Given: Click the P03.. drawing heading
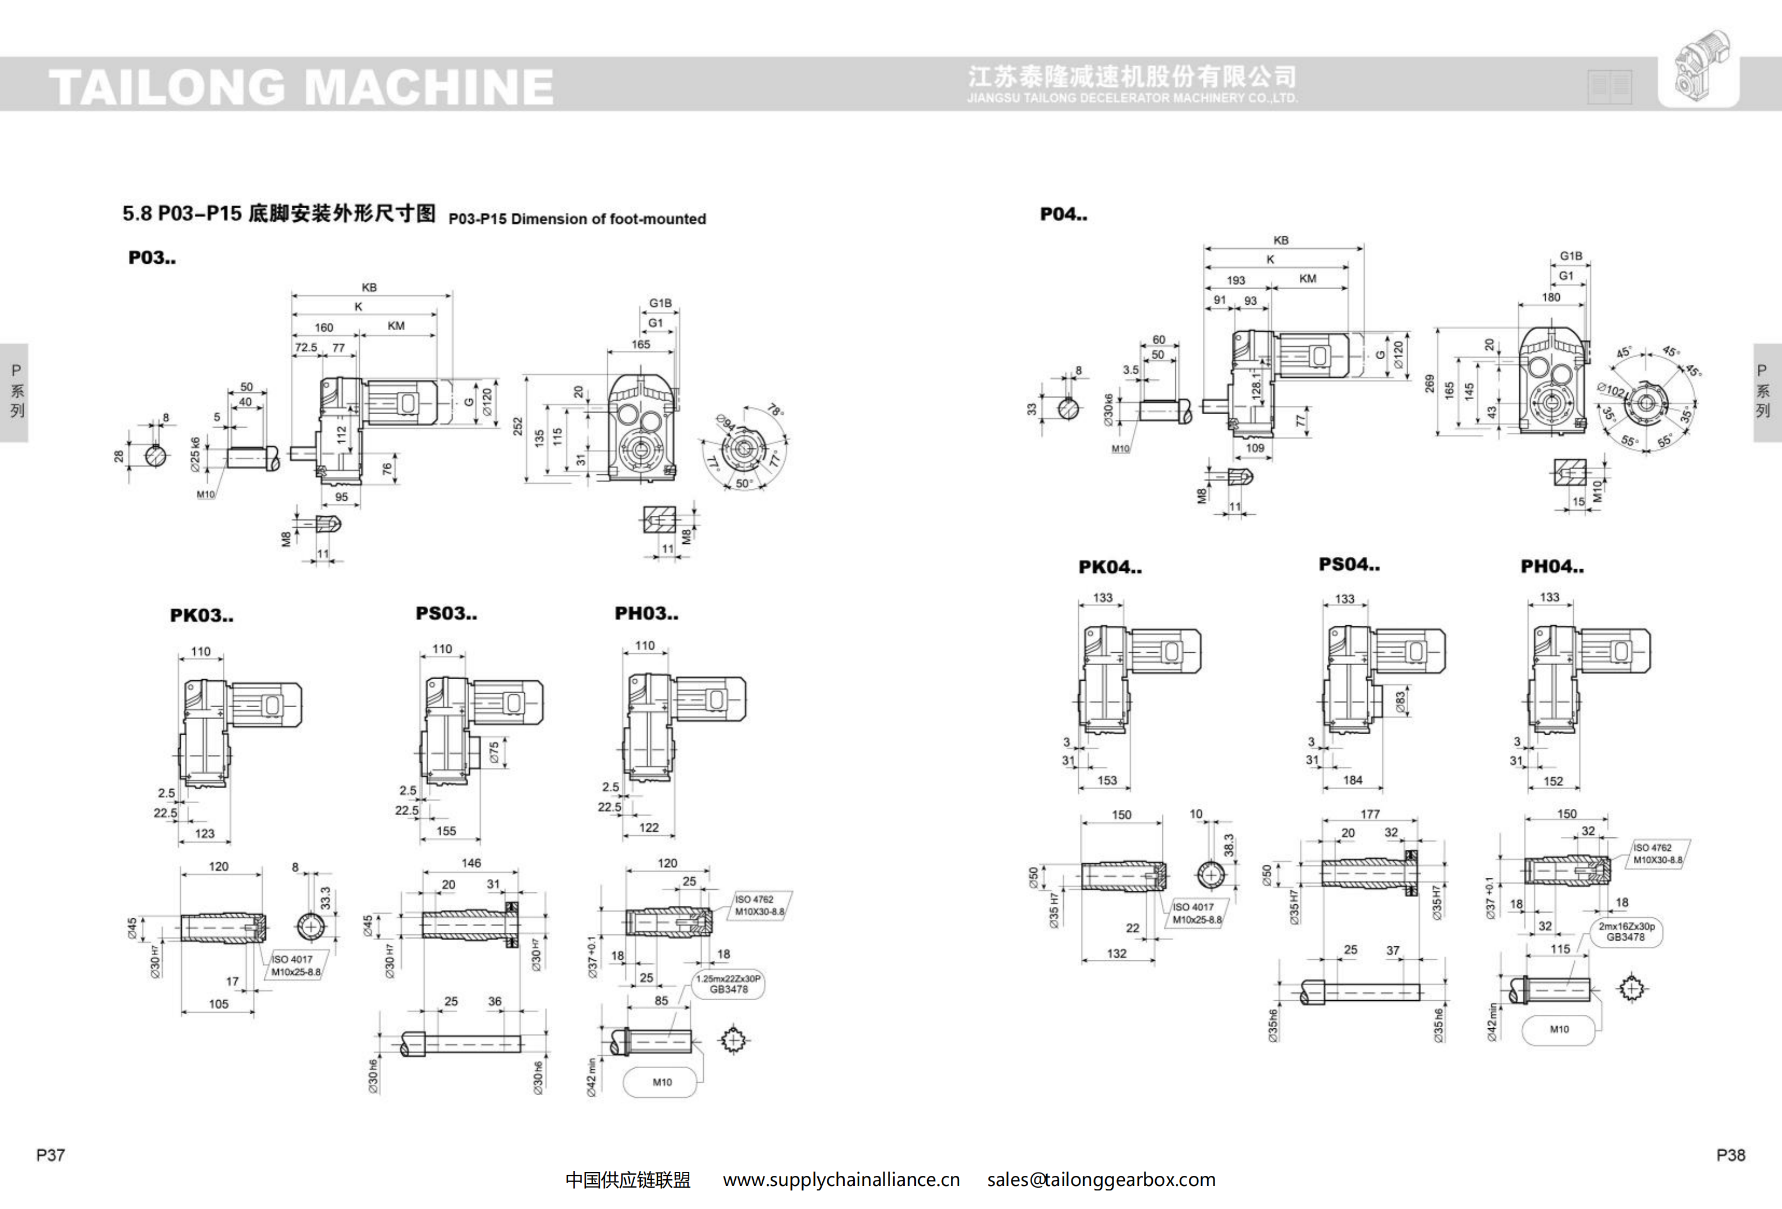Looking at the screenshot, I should click(152, 258).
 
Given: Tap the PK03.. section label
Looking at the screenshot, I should click(201, 615).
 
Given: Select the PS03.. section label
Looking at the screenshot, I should click(446, 613).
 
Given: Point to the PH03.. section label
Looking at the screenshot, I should click(647, 613).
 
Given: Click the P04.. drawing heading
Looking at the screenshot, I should click(1064, 214).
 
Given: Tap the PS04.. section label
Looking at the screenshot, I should click(1349, 564).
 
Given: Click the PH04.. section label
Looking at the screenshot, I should click(1552, 566).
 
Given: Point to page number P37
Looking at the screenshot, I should click(51, 1155).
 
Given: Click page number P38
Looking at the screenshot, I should click(1730, 1155).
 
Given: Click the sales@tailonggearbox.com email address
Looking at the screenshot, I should click(1101, 1180).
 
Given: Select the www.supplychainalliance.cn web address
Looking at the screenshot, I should click(841, 1180).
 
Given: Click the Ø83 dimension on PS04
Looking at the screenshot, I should click(1400, 702).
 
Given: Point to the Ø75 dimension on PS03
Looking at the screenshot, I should click(494, 752).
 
